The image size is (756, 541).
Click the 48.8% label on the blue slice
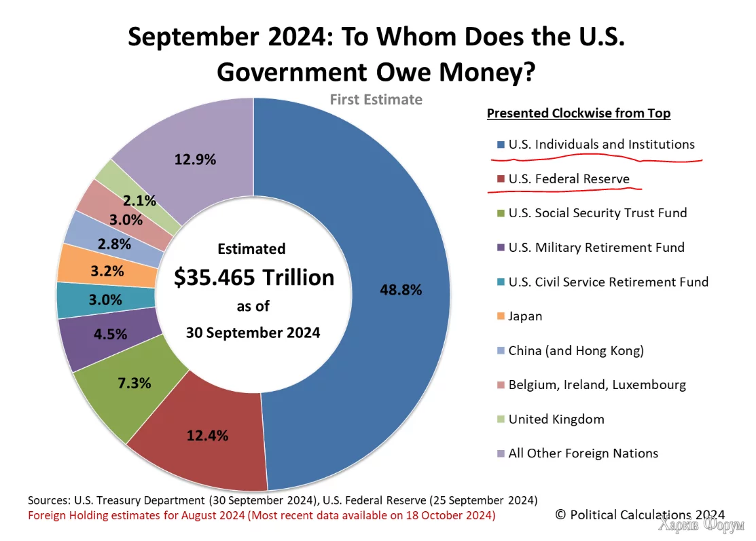click(x=401, y=290)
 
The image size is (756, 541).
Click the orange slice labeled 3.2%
click(x=107, y=272)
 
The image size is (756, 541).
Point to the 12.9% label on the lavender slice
click(x=195, y=160)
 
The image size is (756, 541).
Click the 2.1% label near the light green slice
click(x=140, y=200)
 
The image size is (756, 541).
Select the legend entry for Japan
click(x=525, y=316)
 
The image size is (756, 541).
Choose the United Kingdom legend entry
click(x=556, y=419)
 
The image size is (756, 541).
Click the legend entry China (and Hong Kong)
click(x=575, y=350)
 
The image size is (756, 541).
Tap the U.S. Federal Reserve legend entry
click(x=569, y=179)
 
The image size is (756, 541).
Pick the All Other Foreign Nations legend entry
click(x=583, y=453)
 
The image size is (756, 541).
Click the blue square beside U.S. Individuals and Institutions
click(x=501, y=145)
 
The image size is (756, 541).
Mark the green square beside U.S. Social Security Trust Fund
click(x=501, y=214)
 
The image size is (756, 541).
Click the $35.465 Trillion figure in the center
click(x=254, y=278)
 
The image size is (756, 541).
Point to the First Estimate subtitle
click(x=376, y=100)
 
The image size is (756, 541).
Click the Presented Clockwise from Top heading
click(x=579, y=113)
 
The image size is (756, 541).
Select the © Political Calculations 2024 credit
click(x=640, y=515)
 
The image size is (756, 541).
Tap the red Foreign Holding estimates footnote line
click(x=262, y=516)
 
